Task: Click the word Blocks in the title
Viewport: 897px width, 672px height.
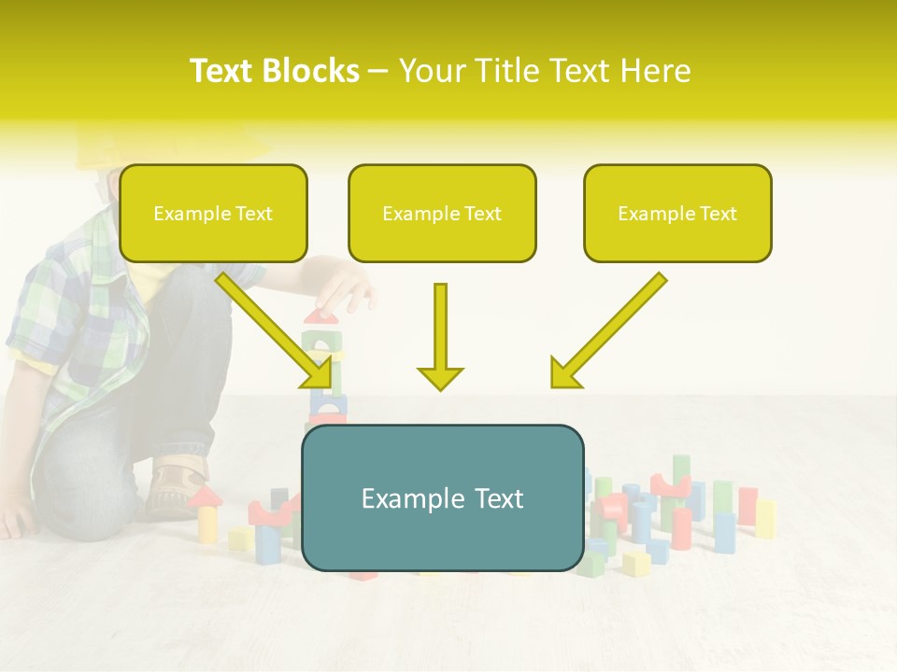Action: pyautogui.click(x=313, y=71)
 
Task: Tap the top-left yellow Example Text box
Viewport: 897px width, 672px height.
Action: pyautogui.click(x=213, y=213)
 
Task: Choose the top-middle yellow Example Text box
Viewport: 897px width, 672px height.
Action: pyautogui.click(x=442, y=213)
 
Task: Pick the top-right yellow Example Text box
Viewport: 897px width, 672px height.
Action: pyautogui.click(x=677, y=213)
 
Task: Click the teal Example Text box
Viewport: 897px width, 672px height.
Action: pyautogui.click(x=442, y=498)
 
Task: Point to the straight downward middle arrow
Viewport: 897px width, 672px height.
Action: pyautogui.click(x=440, y=336)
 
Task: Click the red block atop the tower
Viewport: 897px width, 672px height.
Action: pyautogui.click(x=321, y=317)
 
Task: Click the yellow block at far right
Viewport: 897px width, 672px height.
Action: pyautogui.click(x=765, y=519)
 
